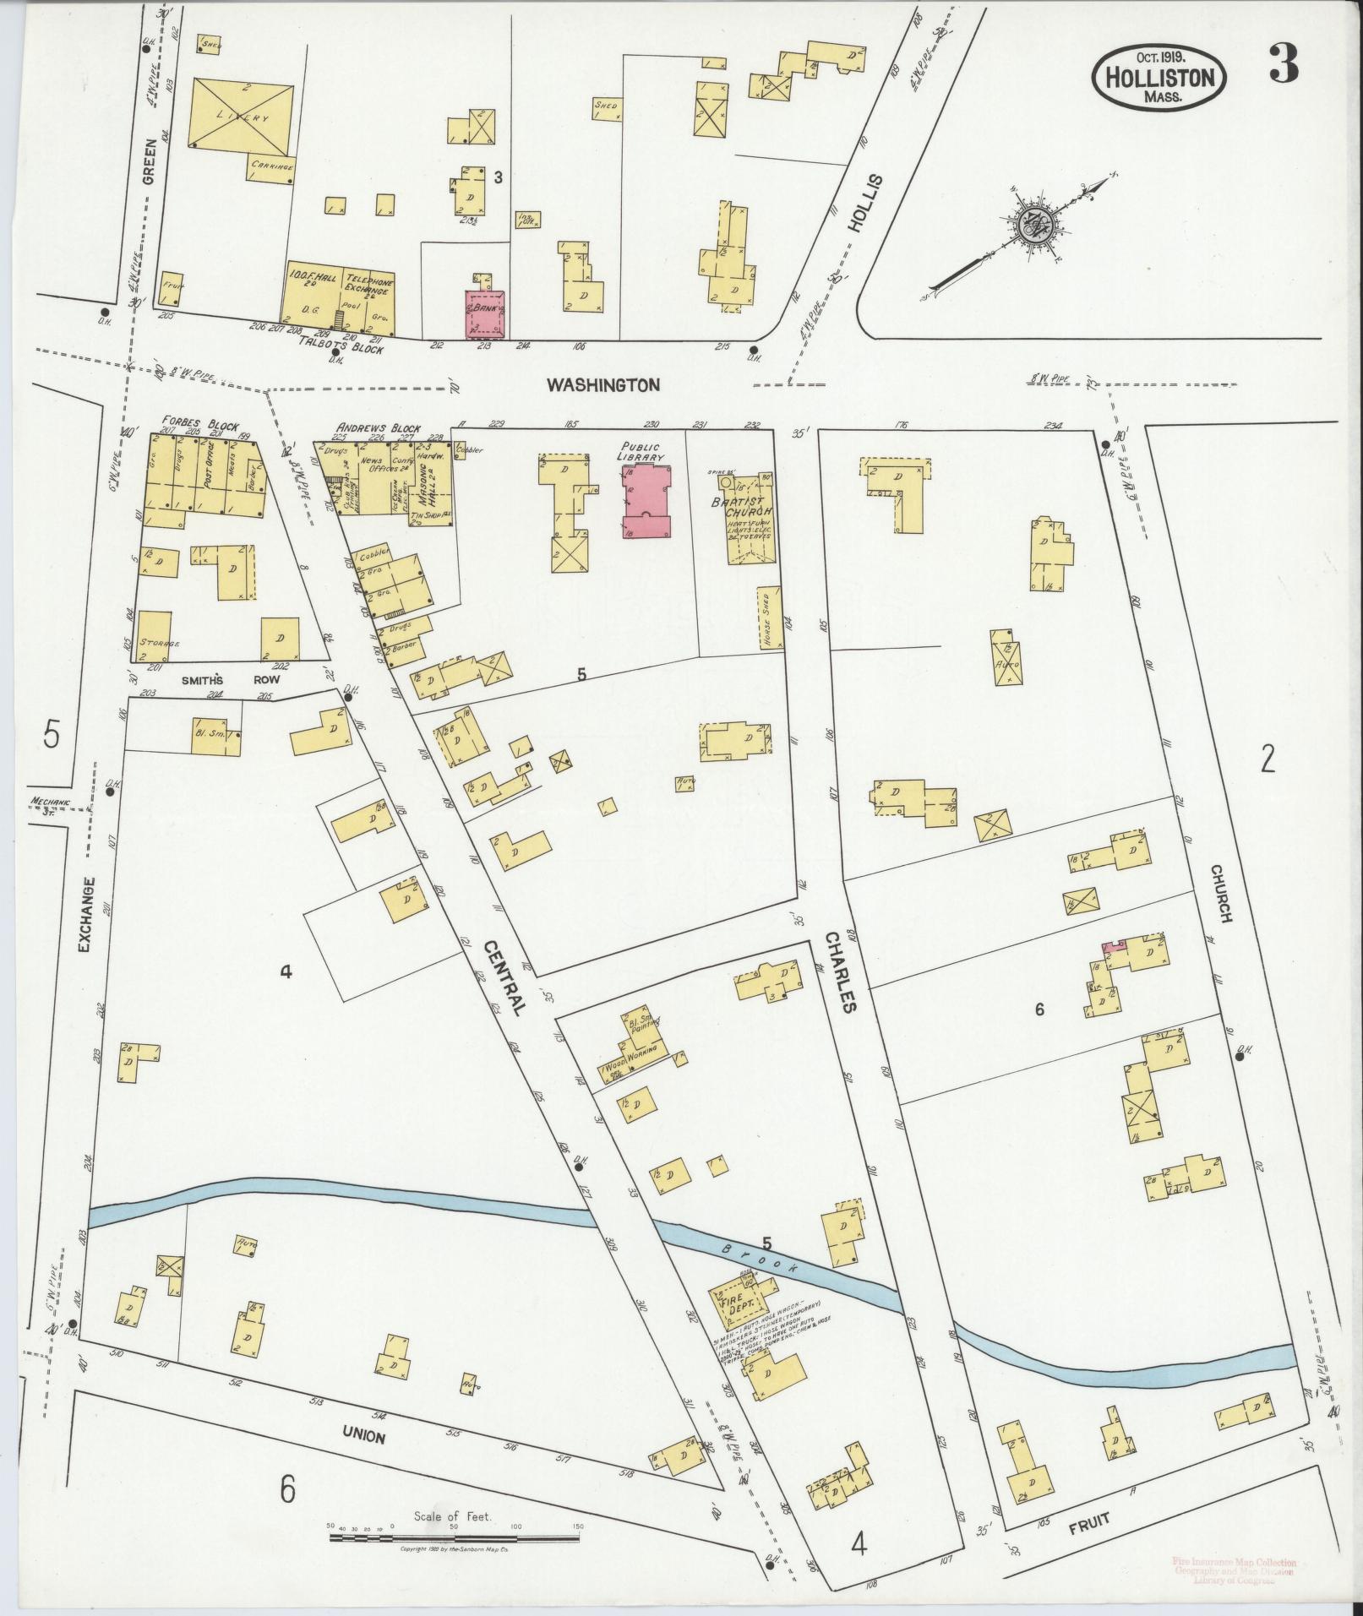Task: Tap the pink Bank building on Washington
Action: [x=485, y=314]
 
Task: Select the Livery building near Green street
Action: [x=243, y=117]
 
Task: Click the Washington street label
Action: [x=602, y=385]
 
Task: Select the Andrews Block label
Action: [x=378, y=428]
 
